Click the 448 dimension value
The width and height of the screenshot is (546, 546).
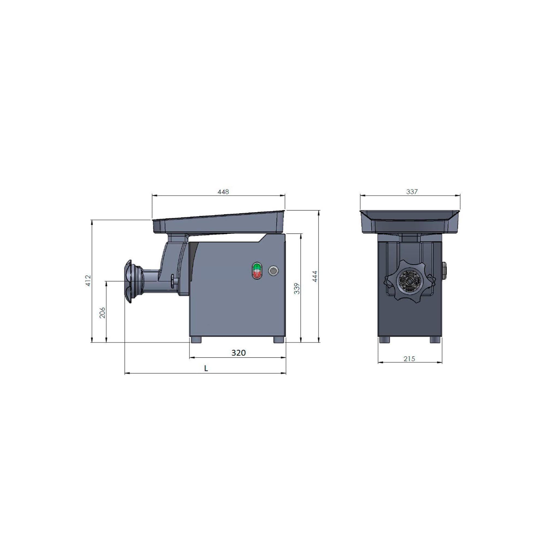coord(223,192)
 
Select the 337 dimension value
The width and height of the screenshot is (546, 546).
coord(412,192)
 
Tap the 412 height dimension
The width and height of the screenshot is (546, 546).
coord(88,280)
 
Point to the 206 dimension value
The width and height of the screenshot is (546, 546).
coord(102,313)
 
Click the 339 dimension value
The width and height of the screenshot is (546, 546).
coord(297,289)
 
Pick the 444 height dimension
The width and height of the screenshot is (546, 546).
coord(315,276)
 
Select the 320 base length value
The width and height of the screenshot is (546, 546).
coord(239,353)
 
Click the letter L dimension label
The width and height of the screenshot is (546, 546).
coord(206,369)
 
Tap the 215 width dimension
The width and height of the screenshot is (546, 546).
coord(409,359)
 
